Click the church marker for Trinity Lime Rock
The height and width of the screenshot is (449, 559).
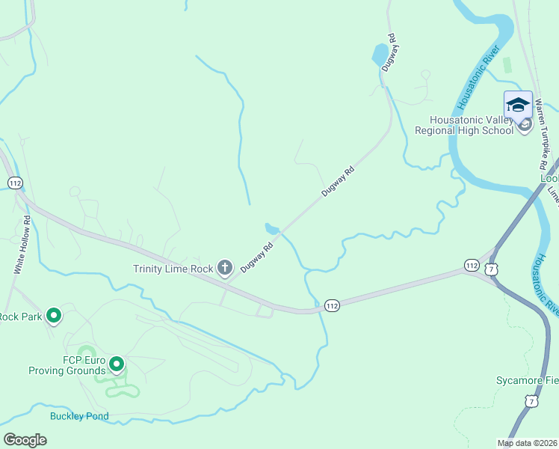click(225, 269)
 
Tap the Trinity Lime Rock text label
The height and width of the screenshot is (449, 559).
click(173, 269)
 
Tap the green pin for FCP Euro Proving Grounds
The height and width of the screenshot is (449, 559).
click(117, 364)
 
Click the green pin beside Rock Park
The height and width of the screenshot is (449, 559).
click(53, 316)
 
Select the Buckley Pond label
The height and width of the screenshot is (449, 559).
click(79, 416)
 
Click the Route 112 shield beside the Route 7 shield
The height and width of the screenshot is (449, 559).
click(472, 266)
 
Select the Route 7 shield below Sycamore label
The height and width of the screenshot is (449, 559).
click(531, 402)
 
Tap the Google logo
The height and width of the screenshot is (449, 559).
click(25, 439)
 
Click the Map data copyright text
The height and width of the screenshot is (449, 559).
click(527, 443)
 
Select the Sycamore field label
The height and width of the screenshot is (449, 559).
click(527, 380)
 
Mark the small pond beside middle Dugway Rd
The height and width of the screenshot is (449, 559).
click(273, 228)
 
